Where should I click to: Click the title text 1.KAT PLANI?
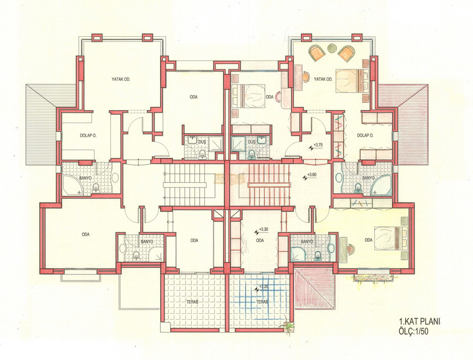coord(419,321)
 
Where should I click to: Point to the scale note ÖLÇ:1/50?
coord(414,331)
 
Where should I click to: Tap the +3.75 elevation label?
coord(318,145)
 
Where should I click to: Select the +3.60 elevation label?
coord(311,174)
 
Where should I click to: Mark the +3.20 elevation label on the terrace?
coord(264,286)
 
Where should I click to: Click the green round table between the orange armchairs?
coord(332,48)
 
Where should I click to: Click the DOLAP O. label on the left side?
coord(88,136)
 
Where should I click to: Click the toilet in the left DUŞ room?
coord(202,154)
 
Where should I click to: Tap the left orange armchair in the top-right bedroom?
coord(317,53)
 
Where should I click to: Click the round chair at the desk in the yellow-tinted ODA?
coord(351,250)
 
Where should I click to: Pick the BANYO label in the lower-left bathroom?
coord(147,242)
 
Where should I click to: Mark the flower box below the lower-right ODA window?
coord(374,278)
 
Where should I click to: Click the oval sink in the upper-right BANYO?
coord(337,178)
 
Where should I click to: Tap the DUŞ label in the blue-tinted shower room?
coord(251,141)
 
